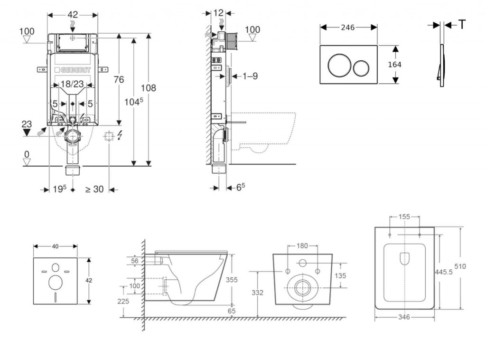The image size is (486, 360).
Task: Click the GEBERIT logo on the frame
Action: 72,70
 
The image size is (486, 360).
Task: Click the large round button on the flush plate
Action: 338,65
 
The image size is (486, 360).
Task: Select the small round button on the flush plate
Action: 362,68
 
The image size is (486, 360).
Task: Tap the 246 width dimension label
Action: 348,28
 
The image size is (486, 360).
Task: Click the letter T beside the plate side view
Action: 462,25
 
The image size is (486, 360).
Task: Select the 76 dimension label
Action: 118,79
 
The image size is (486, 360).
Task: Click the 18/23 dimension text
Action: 73,84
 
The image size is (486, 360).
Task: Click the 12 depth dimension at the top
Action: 218,13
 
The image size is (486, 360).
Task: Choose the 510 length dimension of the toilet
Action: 473,266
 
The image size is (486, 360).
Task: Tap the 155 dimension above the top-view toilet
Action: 404,217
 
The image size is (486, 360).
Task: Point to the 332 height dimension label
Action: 257,293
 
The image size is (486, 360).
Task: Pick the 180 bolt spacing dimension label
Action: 302,246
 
